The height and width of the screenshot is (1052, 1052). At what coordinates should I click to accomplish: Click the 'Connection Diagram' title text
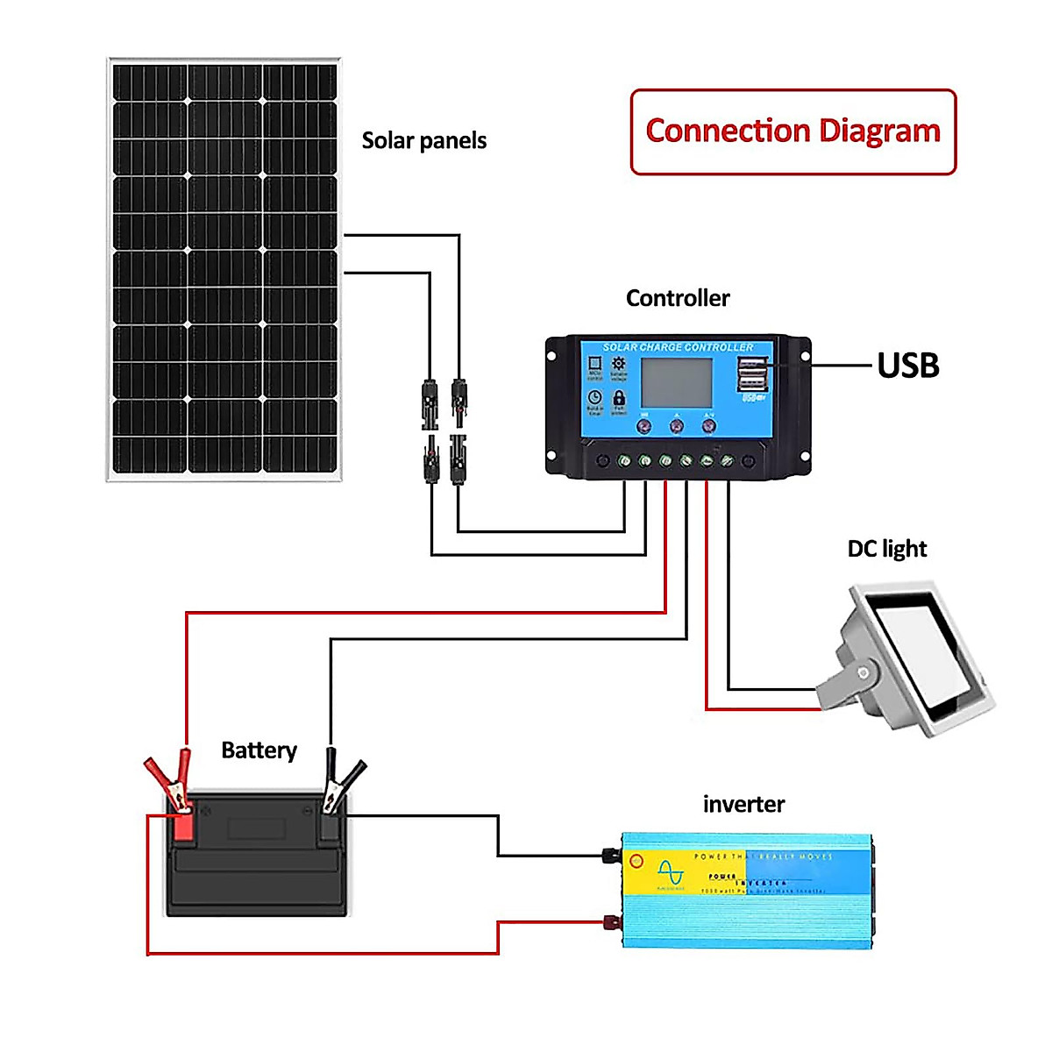tap(793, 131)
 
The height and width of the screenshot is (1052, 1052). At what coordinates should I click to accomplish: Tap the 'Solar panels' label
tap(423, 140)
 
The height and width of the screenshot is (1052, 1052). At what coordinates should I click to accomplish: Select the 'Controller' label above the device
tap(678, 298)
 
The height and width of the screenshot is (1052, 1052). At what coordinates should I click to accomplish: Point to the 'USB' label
tap(908, 366)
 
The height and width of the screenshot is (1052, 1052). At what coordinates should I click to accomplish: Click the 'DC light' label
tap(886, 549)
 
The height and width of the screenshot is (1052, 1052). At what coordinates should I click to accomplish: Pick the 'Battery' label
tap(259, 750)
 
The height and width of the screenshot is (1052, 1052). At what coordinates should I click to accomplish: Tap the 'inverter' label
tap(743, 804)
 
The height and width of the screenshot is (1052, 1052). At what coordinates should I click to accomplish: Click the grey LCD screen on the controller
tap(676, 382)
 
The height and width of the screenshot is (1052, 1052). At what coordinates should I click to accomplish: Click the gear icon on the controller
tap(619, 364)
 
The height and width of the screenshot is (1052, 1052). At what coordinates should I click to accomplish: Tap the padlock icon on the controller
tap(619, 397)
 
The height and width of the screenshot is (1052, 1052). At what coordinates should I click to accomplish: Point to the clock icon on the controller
tap(594, 397)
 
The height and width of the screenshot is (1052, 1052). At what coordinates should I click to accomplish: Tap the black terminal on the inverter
tap(609, 854)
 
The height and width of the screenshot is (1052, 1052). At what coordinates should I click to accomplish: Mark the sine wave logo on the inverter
tap(671, 872)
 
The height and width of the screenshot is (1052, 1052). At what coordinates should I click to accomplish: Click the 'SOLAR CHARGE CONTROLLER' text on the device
tap(678, 347)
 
